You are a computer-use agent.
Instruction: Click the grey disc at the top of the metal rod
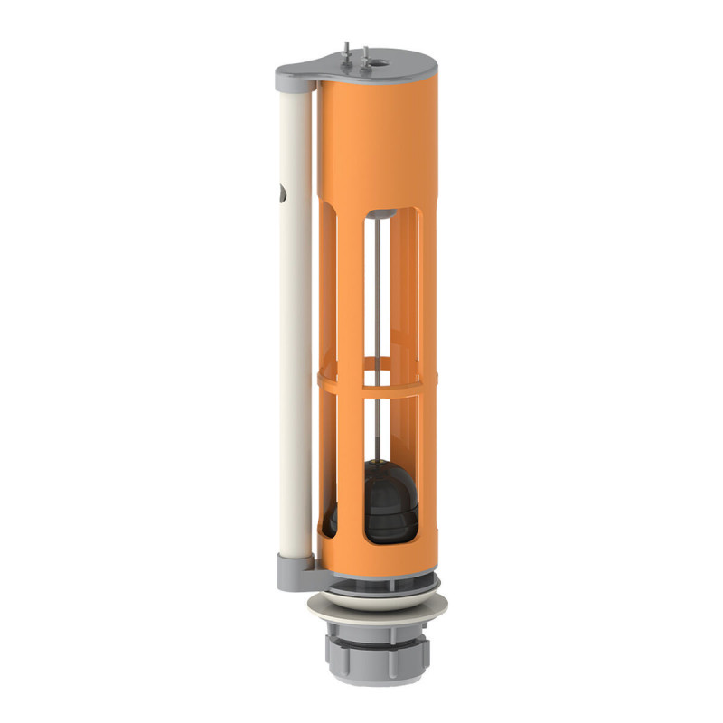pyautogui.click(x=383, y=214)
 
